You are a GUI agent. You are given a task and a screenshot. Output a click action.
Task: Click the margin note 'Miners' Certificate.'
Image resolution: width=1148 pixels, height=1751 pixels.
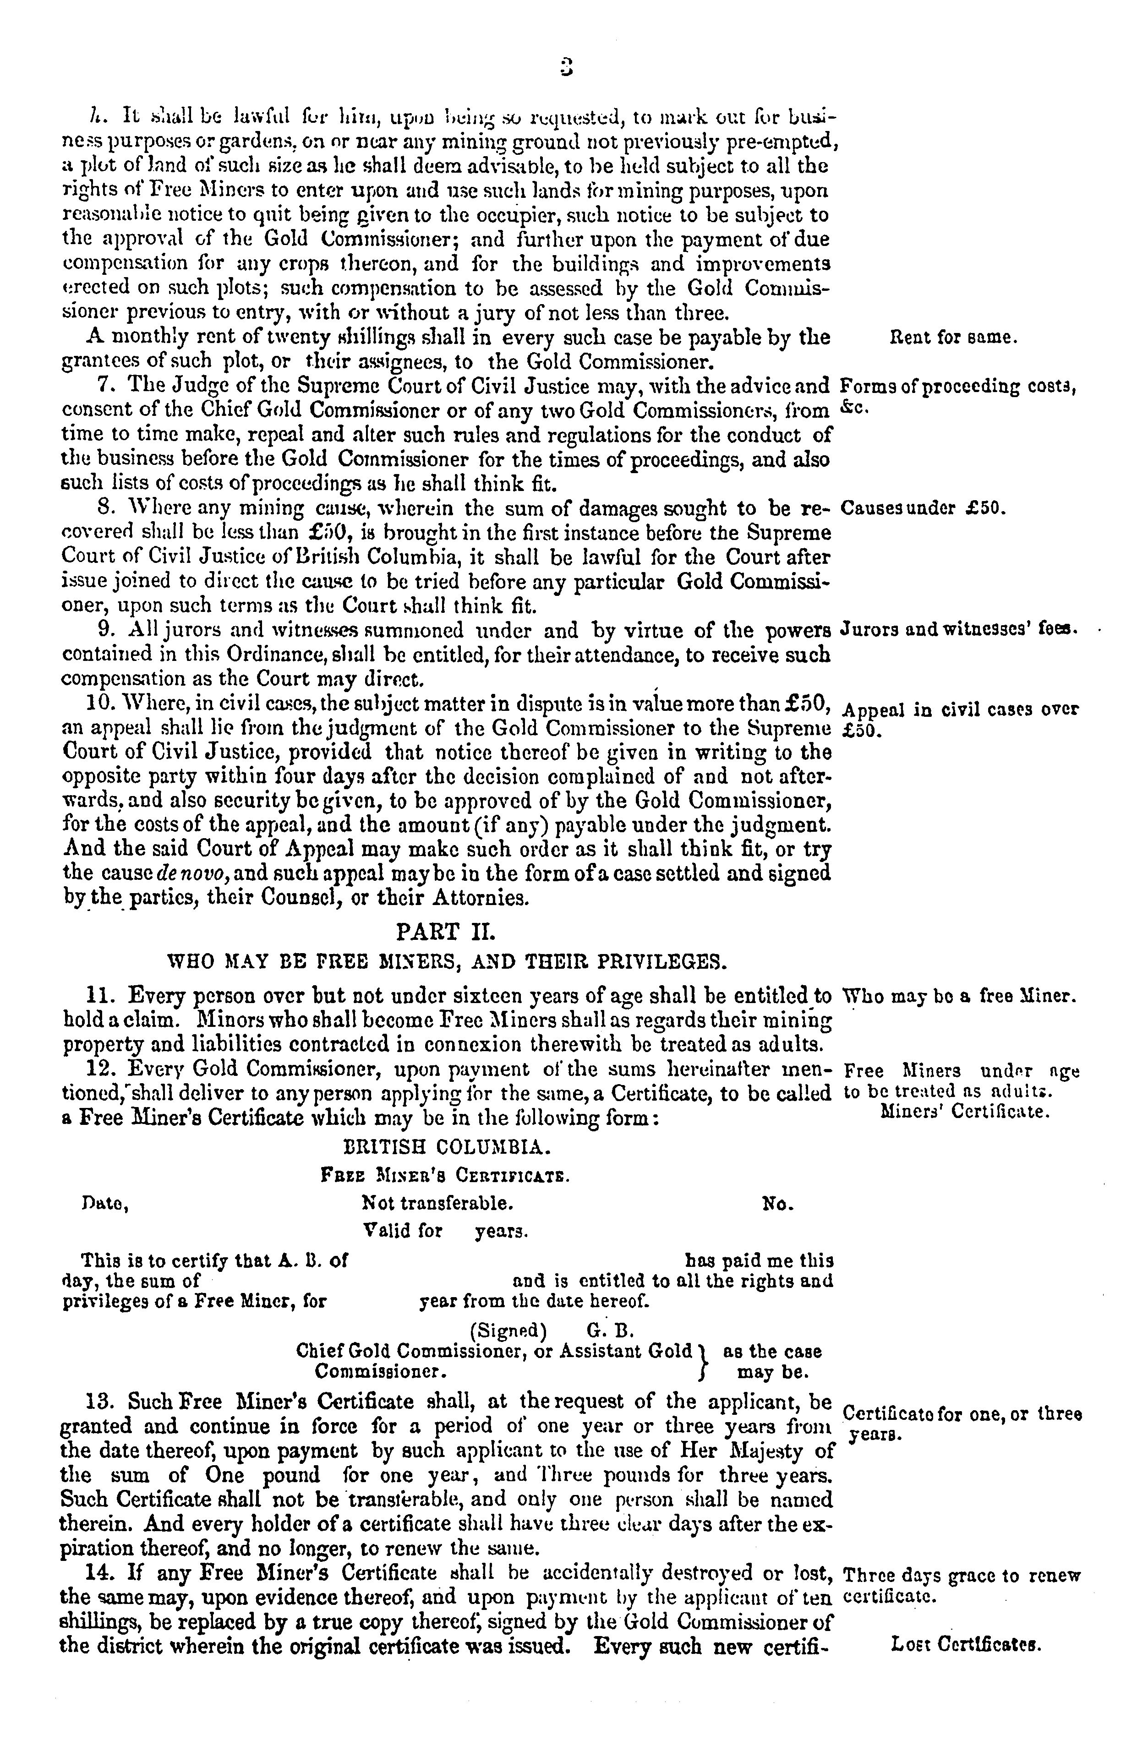[x=964, y=1112]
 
